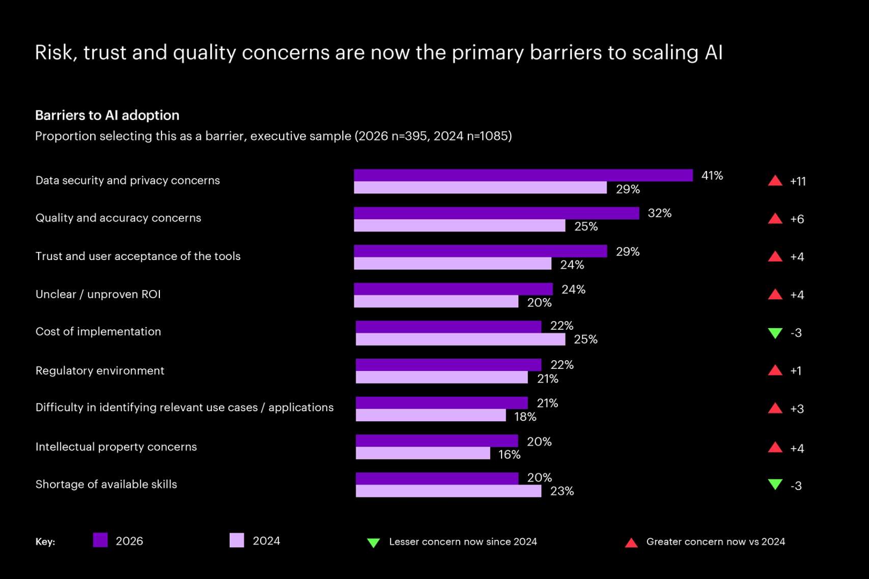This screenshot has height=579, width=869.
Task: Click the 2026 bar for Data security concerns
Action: [x=523, y=175]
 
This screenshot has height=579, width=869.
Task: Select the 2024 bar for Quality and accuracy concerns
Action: [x=459, y=226]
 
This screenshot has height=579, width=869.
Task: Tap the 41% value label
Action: [x=712, y=176]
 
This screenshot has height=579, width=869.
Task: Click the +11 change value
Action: [x=798, y=182]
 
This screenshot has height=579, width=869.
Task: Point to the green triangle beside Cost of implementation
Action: [x=775, y=333]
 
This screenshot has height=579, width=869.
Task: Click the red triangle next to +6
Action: [x=775, y=219]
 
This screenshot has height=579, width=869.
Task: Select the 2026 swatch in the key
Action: [x=100, y=540]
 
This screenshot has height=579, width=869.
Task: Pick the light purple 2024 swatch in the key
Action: [x=237, y=540]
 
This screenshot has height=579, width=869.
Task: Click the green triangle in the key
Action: [x=373, y=543]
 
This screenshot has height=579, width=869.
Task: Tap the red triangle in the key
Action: [x=631, y=543]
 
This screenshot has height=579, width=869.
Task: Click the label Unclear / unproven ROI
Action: [x=98, y=294]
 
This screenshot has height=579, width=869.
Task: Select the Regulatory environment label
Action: [x=100, y=370]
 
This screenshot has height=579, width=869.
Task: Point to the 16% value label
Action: [x=509, y=454]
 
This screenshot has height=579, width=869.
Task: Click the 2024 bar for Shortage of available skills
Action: [x=448, y=491]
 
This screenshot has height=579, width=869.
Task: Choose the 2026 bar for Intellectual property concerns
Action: [x=437, y=441]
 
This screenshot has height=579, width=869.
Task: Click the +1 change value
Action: [x=796, y=371]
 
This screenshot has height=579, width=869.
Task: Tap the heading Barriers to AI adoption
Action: [x=107, y=115]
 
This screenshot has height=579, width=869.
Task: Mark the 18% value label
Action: [x=525, y=417]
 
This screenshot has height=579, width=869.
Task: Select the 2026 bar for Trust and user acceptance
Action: [x=480, y=251]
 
